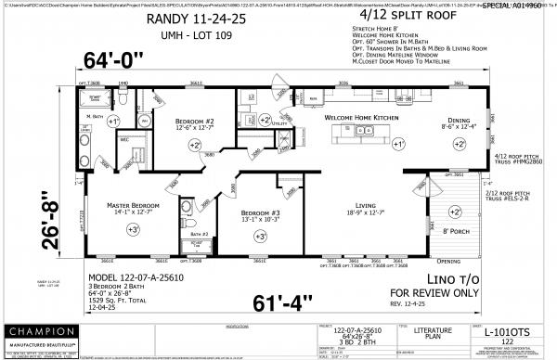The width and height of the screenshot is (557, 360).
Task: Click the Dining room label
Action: (x=459, y=120)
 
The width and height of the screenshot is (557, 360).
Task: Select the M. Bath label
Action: (x=92, y=116)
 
